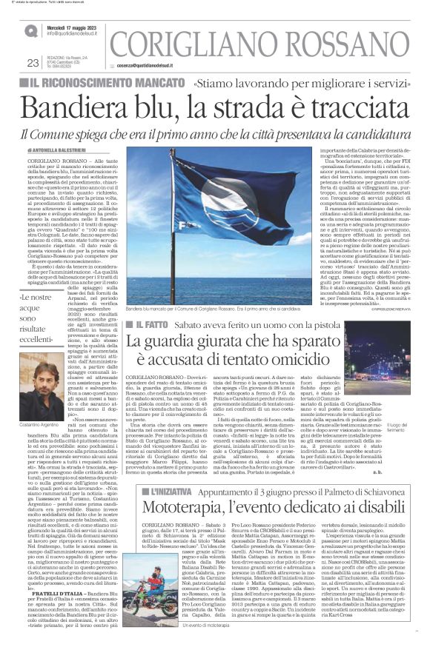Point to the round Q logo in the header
click(x=31, y=31)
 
